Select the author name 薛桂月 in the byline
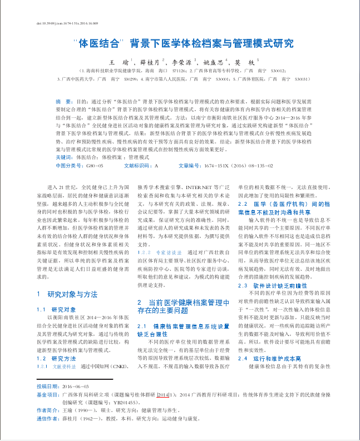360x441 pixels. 150,62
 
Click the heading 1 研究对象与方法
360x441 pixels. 66,294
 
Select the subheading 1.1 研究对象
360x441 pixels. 56,309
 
